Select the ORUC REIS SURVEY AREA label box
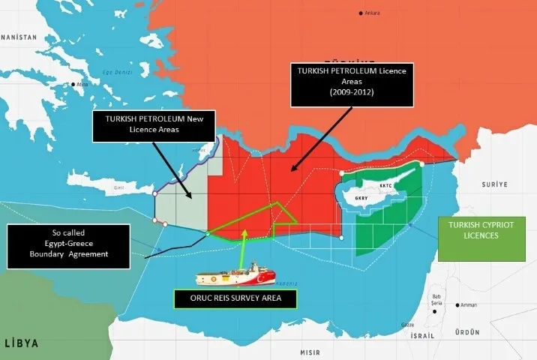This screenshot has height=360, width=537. [x=235, y=299]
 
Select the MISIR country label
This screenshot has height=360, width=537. [x=310, y=352]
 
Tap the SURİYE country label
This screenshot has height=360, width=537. [x=495, y=184]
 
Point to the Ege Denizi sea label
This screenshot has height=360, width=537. [x=112, y=72]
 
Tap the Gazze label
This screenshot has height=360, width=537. [x=408, y=325]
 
